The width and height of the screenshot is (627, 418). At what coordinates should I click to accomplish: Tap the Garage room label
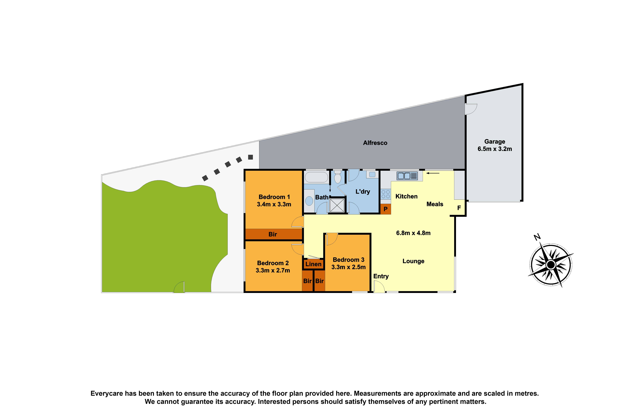click(x=495, y=142)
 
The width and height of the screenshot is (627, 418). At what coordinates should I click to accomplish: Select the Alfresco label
click(x=375, y=143)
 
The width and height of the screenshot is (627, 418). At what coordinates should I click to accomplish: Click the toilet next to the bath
click(x=338, y=177)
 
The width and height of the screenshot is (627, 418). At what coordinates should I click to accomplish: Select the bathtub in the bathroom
click(x=316, y=177)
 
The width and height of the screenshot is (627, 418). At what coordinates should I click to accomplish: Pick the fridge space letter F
click(x=459, y=208)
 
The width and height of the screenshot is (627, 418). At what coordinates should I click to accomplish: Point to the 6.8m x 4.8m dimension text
click(x=413, y=233)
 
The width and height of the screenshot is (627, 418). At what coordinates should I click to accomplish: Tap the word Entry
click(x=381, y=276)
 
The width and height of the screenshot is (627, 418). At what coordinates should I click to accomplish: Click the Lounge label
click(x=413, y=261)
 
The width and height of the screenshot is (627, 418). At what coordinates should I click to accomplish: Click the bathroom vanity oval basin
click(x=309, y=201)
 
